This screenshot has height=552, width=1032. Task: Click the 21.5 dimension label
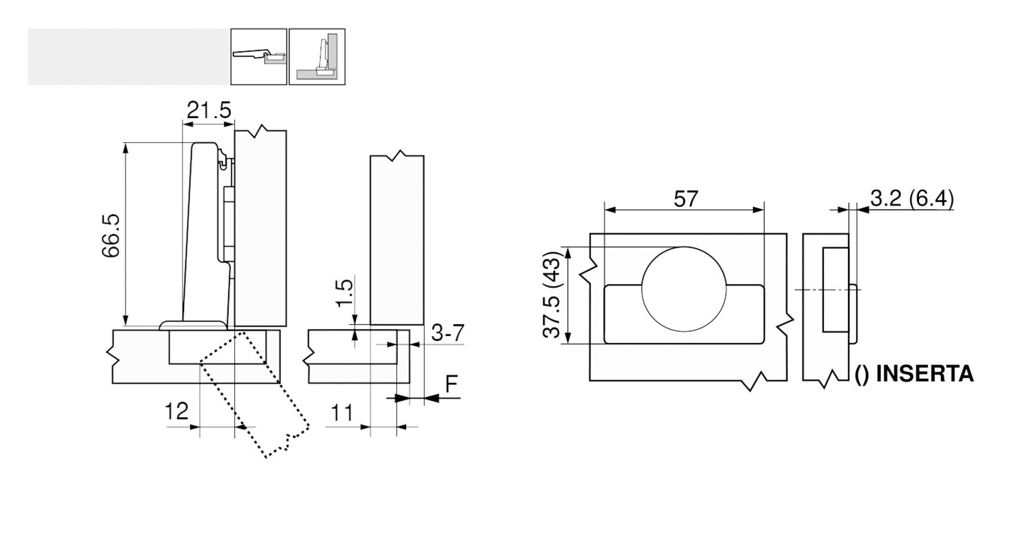click(x=209, y=110)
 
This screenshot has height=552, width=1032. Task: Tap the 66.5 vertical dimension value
click(x=111, y=236)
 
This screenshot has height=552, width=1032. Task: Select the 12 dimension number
click(x=177, y=411)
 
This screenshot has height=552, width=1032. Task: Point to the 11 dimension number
click(x=341, y=413)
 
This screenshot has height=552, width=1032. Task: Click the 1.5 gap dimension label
click(x=344, y=292)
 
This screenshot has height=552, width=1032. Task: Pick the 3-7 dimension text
click(x=447, y=333)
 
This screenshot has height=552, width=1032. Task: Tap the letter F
click(x=453, y=384)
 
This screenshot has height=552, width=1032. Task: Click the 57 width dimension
click(x=686, y=199)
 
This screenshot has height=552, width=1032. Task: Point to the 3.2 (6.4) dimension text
click(x=912, y=199)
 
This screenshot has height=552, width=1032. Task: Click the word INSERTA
click(x=924, y=373)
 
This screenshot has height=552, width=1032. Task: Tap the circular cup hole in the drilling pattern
click(x=684, y=289)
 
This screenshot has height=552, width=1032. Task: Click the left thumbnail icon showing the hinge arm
click(x=259, y=57)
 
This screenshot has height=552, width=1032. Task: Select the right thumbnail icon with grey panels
click(x=317, y=57)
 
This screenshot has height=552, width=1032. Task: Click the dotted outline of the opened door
click(x=254, y=393)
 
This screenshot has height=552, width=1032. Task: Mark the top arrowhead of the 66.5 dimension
click(x=125, y=148)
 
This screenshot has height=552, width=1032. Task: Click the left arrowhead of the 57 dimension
click(x=610, y=210)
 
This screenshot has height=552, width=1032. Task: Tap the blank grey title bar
click(x=128, y=57)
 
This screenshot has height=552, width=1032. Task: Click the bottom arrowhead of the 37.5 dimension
click(x=569, y=338)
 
